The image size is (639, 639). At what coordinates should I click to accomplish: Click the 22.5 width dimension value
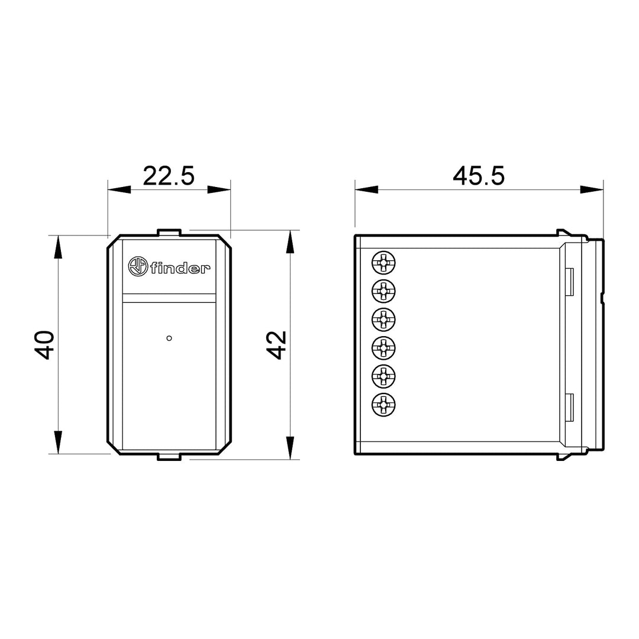tap(169, 176)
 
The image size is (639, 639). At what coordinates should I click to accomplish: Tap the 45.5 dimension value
tap(479, 176)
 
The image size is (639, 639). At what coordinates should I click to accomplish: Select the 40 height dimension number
tap(45, 345)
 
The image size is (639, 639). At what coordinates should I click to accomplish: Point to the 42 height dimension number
tap(277, 345)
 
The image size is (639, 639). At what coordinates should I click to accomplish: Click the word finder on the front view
tap(180, 268)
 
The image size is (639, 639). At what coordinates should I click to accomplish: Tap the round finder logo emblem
tap(138, 266)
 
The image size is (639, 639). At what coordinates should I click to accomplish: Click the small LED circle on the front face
tap(169, 338)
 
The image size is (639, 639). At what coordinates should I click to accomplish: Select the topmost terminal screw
tap(383, 263)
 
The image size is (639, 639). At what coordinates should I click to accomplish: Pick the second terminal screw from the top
tap(383, 291)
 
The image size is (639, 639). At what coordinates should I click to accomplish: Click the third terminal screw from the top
tap(383, 319)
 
